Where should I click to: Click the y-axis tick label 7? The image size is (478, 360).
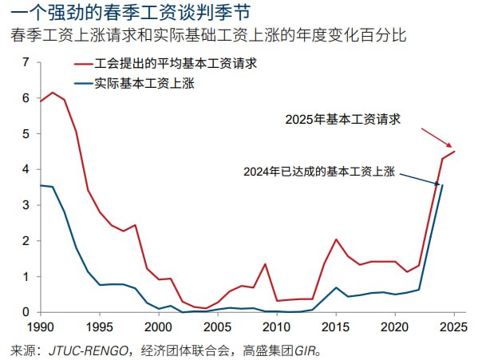tap(26, 62)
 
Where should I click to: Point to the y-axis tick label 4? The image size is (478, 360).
tap(26, 169)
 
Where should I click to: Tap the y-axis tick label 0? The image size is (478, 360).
tap(26, 312)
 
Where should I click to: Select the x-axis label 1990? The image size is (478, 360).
tap(40, 328)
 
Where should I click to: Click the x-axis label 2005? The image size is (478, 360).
tap(218, 328)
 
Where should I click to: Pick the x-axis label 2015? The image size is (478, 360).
tap(336, 328)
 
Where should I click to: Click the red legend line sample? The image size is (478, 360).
tap(83, 61)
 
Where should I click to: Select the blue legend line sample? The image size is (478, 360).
tap(83, 82)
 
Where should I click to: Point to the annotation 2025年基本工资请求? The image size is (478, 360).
tap(342, 120)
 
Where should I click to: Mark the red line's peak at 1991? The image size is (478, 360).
tap(52, 93)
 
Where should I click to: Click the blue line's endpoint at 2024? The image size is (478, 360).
tap(442, 185)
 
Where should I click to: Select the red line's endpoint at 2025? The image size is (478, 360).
tap(454, 152)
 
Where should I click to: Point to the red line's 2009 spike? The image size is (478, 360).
tap(265, 264)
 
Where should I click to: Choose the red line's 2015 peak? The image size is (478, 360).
tap(336, 239)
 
